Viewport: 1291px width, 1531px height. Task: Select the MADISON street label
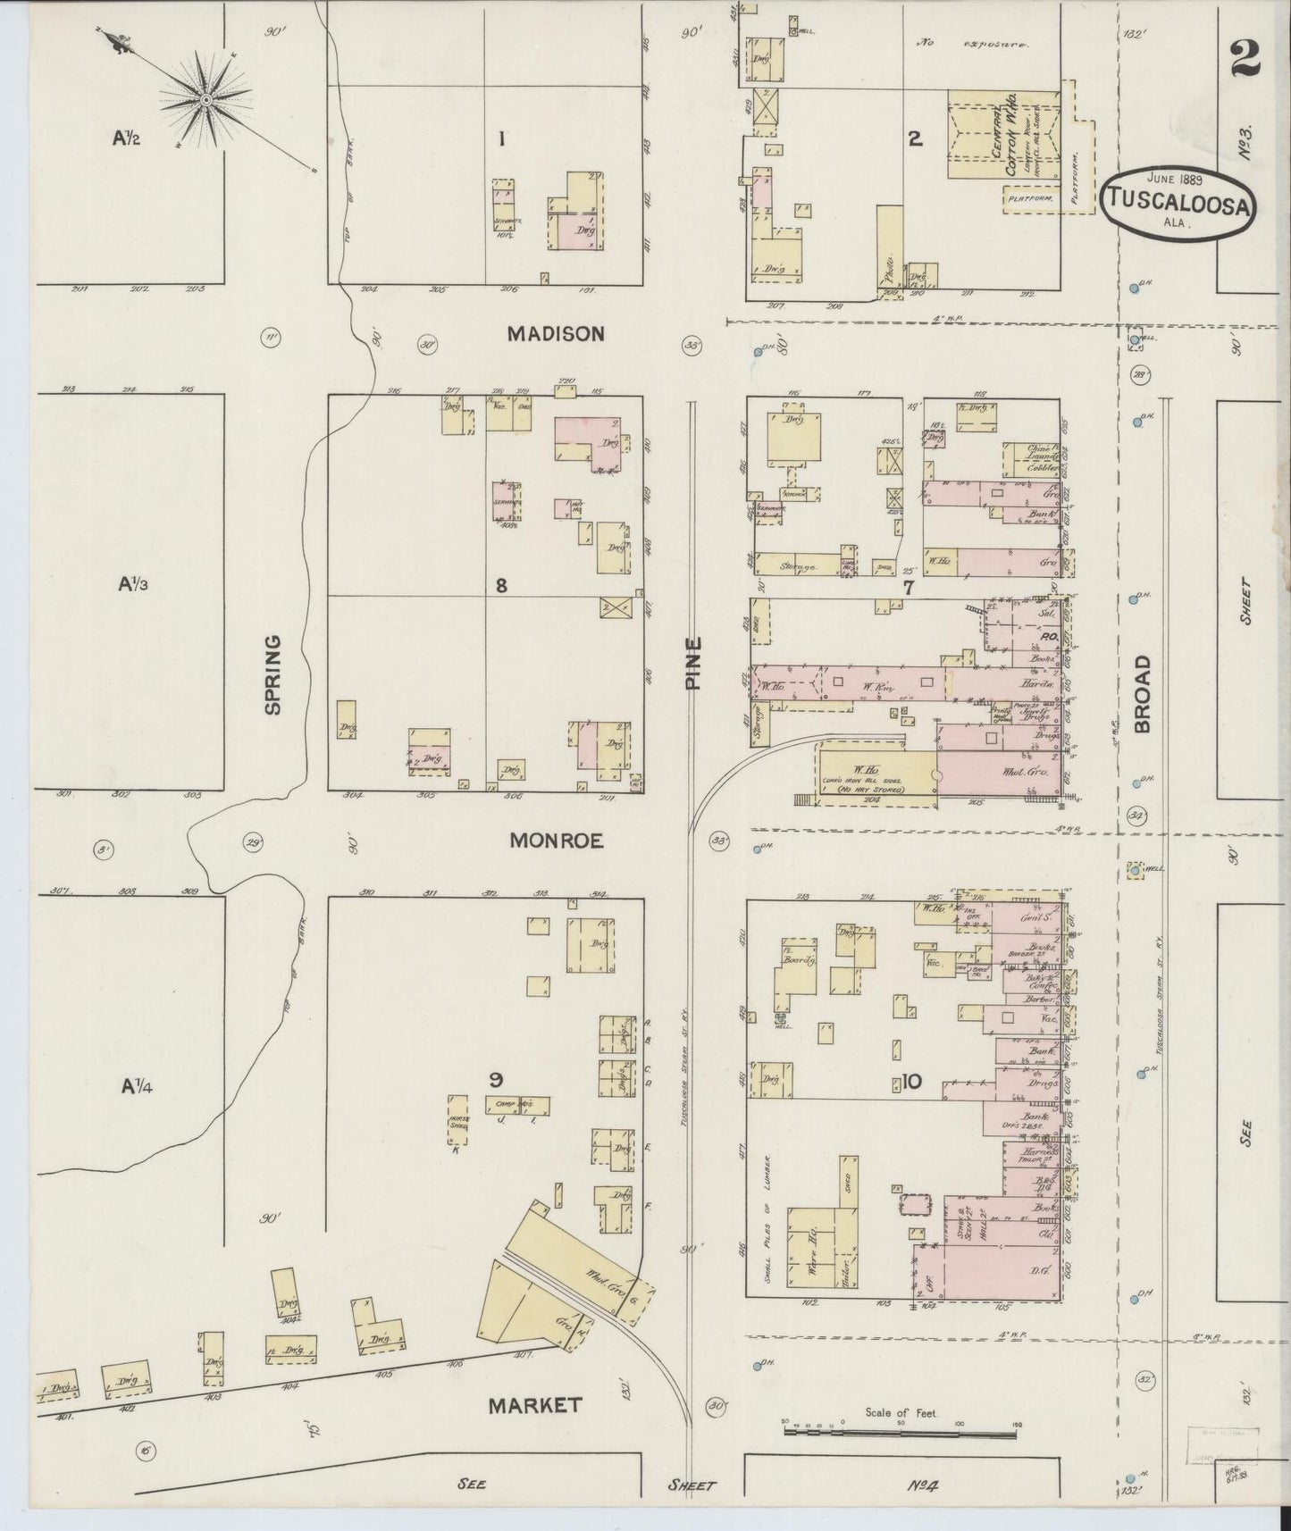[x=555, y=333]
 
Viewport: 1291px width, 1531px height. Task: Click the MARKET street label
[x=535, y=1404]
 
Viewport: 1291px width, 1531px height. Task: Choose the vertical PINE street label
[x=694, y=662]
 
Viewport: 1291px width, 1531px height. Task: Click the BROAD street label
[x=1144, y=694]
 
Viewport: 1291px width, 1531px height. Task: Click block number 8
[x=501, y=585]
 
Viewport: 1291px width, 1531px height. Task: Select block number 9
[x=495, y=1079]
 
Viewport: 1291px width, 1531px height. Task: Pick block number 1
[x=502, y=138]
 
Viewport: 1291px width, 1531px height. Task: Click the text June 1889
[x=1175, y=178]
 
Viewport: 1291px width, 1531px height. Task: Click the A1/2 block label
[x=126, y=138]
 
